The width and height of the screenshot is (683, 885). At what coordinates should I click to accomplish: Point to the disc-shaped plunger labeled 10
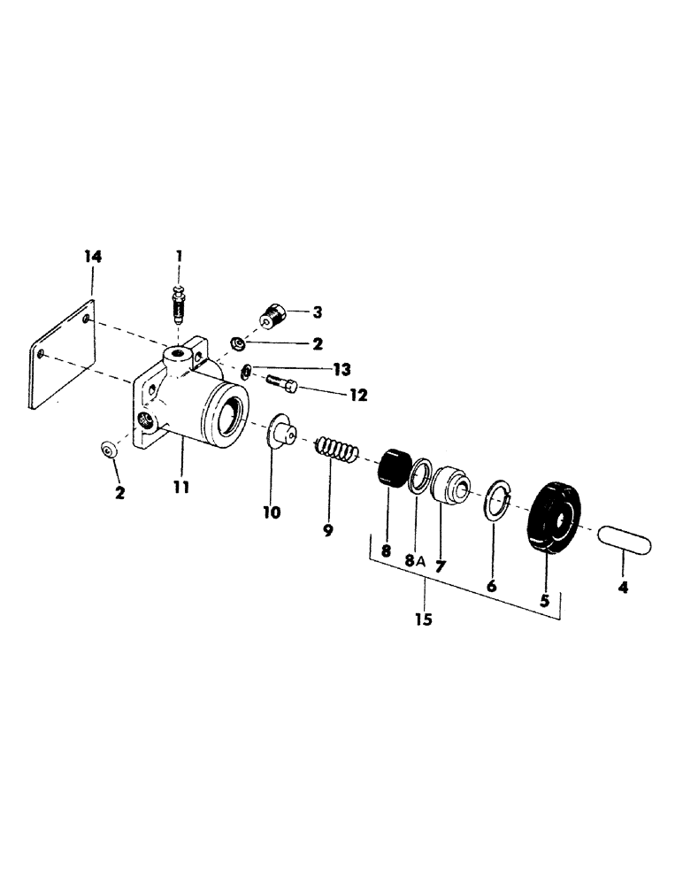click(x=280, y=434)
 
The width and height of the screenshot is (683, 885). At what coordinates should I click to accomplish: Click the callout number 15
click(x=423, y=619)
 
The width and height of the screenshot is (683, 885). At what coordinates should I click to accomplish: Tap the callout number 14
click(x=93, y=257)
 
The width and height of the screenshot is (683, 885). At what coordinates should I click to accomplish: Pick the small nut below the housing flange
click(x=109, y=451)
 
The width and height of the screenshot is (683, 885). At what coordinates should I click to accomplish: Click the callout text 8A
click(x=415, y=560)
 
